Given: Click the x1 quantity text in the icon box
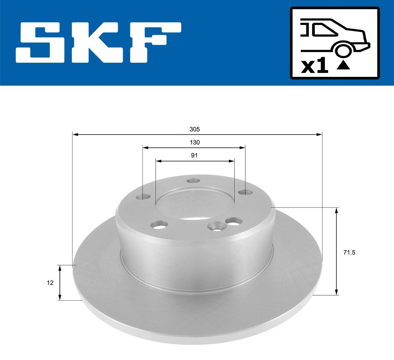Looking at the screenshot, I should point(315,67).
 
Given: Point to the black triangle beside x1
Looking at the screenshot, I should point(343,66).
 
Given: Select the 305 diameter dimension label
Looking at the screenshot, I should point(194,129).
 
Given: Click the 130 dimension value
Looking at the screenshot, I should point(194,143).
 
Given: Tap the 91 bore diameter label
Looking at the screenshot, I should point(194,156).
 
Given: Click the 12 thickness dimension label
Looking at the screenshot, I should point(50,282).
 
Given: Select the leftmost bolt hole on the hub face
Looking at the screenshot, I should point(143,197).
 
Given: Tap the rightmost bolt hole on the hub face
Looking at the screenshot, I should point(243,192).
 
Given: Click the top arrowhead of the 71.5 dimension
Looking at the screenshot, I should point(336,211).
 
